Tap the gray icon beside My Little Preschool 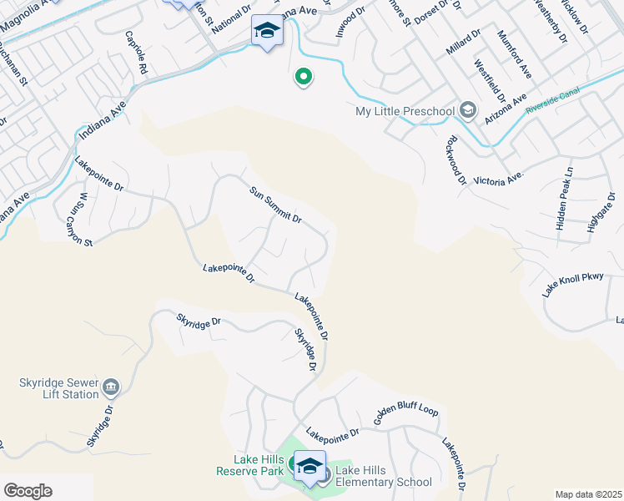[x=468, y=110]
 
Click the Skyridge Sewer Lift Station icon [x=111, y=387]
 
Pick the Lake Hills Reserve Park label [x=250, y=465]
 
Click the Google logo [x=28, y=491]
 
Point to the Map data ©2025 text [x=587, y=494]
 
